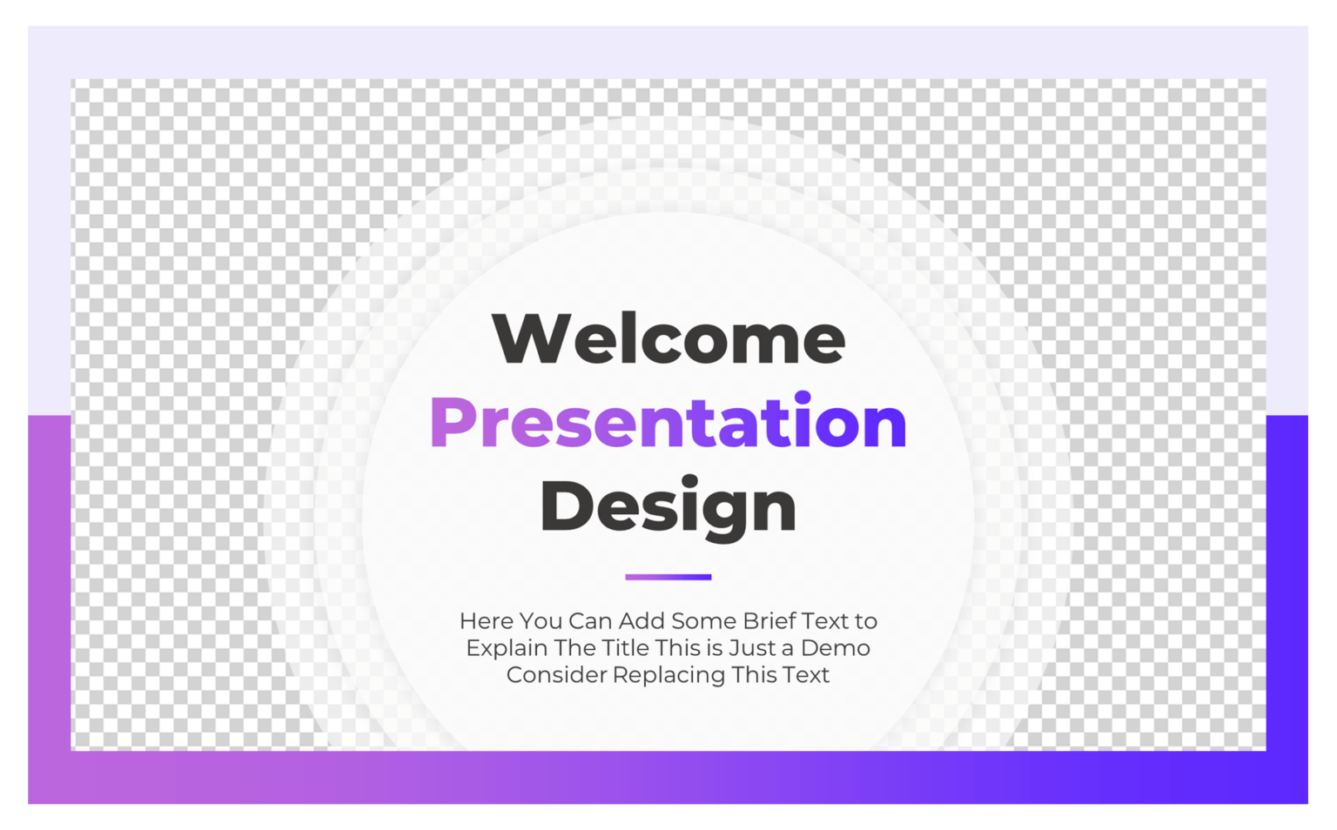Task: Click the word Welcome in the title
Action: pos(668,338)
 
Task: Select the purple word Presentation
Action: pos(668,423)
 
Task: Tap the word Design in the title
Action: pos(668,506)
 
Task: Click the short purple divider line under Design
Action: pos(668,577)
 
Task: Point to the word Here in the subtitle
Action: pos(487,621)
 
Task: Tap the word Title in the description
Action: pos(625,648)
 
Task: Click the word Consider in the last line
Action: pos(556,675)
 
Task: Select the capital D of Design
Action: pos(567,506)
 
